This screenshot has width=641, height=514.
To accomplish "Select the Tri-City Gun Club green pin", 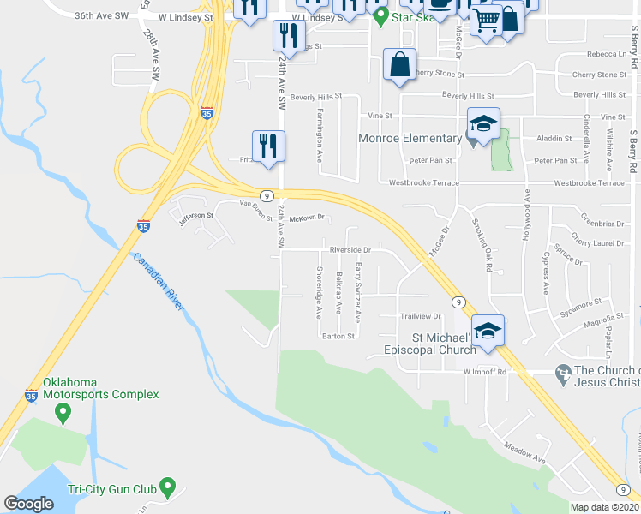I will click(x=168, y=489).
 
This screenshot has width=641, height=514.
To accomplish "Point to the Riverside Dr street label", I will click(x=350, y=250).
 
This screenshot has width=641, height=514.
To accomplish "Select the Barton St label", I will click(x=338, y=337).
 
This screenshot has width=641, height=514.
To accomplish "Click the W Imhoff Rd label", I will click(x=485, y=372).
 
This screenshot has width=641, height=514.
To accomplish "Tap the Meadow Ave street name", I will click(x=525, y=452).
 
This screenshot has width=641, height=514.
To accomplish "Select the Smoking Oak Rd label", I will click(x=482, y=248).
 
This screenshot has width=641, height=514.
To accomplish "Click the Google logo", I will click(x=29, y=504).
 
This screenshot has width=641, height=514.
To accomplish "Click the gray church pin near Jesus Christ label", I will click(x=563, y=373).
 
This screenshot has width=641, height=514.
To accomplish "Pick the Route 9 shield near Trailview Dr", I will click(x=460, y=302).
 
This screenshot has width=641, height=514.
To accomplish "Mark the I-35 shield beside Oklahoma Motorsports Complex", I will click(x=31, y=396).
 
